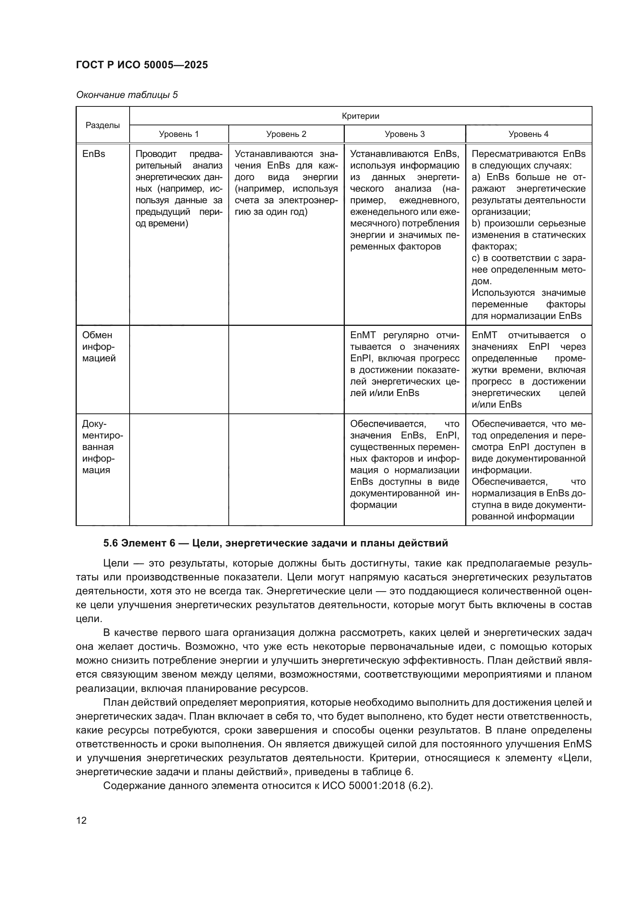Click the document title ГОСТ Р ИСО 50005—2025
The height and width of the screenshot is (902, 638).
point(142,65)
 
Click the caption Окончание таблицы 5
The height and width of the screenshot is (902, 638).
point(127,95)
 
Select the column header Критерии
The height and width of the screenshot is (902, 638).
point(360,116)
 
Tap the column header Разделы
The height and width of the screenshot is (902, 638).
point(103,125)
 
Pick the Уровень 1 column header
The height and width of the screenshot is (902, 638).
point(179,134)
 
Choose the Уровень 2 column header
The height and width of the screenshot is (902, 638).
point(286,134)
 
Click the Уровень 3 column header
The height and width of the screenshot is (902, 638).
point(405,134)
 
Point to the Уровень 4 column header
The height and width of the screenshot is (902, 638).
point(528,134)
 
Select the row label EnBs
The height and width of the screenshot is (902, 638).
point(94,154)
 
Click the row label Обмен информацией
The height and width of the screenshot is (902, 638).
point(99,347)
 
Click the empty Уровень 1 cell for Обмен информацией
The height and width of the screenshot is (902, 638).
point(179,369)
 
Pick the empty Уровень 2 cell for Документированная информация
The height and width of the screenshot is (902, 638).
point(286,469)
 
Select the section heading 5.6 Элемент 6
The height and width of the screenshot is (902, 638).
point(275,543)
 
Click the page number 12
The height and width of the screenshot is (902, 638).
point(81,821)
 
